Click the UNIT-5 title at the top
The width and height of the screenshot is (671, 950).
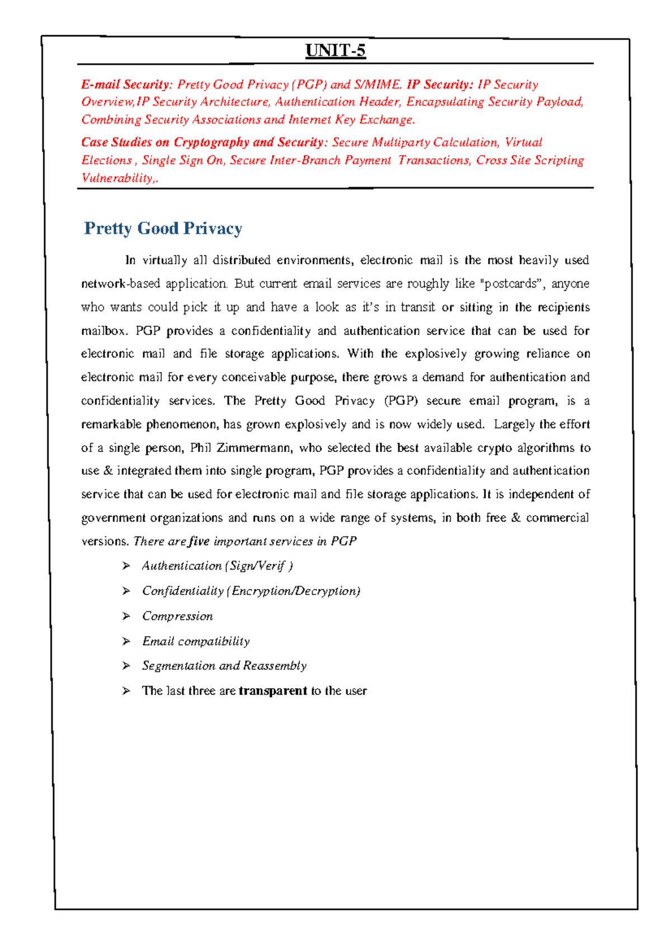[335, 51]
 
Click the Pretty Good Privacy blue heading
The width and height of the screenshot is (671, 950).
[163, 228]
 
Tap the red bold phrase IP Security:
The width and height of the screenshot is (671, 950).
[440, 84]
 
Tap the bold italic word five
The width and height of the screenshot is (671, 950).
[199, 541]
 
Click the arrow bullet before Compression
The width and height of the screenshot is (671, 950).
[126, 616]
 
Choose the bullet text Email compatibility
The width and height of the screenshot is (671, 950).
[196, 641]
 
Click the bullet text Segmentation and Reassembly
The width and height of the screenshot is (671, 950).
[224, 666]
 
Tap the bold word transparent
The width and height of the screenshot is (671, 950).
[273, 691]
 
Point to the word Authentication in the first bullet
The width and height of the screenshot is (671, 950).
[182, 566]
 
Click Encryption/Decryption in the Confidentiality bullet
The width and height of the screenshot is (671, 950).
[295, 591]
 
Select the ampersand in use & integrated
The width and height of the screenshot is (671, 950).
[108, 471]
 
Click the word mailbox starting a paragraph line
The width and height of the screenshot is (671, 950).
[103, 331]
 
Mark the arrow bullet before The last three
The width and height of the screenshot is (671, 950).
[126, 691]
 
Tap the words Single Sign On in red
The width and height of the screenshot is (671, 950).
[182, 160]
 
